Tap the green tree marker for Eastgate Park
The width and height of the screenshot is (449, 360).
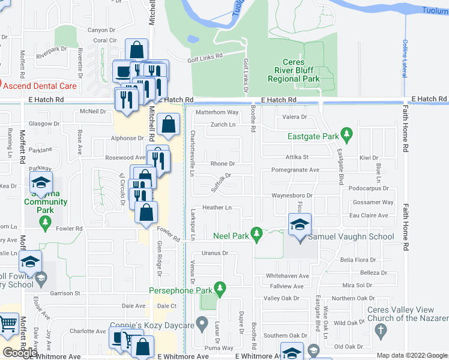point(346,133)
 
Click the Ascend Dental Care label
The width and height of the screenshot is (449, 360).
point(40,86)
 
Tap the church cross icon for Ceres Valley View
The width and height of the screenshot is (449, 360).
point(380,329)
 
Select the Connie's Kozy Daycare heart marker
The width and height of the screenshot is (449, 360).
point(204,322)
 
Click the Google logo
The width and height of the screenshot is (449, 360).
point(20,353)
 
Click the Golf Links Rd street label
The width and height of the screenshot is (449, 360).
point(205,56)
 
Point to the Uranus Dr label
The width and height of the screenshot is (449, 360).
point(215,253)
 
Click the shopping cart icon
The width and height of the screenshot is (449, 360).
point(8,324)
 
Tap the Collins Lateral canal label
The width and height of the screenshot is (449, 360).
point(405,58)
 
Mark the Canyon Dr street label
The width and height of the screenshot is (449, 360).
point(101,30)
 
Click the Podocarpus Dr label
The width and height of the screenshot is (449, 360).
point(367,188)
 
